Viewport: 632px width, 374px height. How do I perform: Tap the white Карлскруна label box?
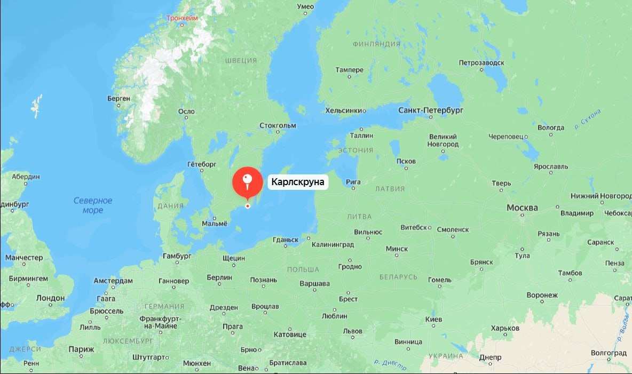click(x=297, y=182)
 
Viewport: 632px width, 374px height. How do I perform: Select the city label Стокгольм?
click(x=277, y=125)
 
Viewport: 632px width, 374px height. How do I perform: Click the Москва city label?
click(x=522, y=207)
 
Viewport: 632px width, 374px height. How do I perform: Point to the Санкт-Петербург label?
click(x=431, y=110)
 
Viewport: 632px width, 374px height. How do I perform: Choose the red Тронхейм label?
click(x=182, y=18)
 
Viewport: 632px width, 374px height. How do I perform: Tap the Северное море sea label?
click(x=93, y=205)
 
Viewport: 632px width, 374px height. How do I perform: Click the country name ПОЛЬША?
click(x=303, y=269)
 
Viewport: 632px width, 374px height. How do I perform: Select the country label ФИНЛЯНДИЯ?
click(x=376, y=44)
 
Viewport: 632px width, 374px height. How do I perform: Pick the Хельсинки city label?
click(x=344, y=110)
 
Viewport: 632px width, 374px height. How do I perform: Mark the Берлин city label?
click(x=219, y=277)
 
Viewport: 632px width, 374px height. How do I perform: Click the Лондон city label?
click(x=50, y=298)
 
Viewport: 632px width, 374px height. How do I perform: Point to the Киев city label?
click(x=433, y=319)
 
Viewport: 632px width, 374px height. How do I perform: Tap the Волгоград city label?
click(x=609, y=353)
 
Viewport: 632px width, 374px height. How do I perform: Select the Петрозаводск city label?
click(x=481, y=62)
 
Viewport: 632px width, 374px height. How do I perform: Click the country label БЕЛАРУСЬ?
click(x=398, y=277)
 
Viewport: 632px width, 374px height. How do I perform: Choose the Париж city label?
click(x=81, y=349)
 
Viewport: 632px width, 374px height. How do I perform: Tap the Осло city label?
click(x=186, y=112)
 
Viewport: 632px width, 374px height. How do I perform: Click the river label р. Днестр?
click(x=390, y=365)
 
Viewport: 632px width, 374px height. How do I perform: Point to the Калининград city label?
click(x=333, y=245)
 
